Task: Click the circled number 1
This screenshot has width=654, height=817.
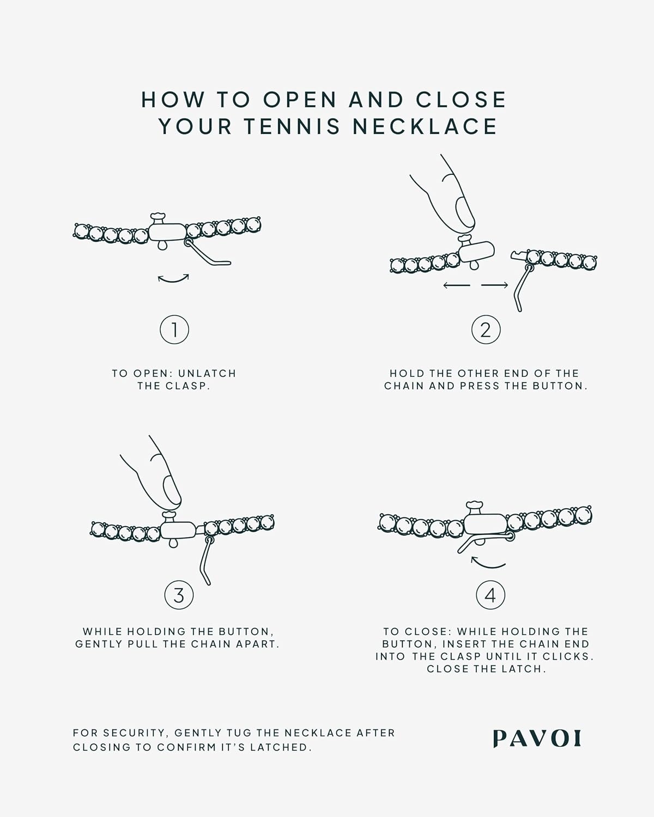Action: click(174, 330)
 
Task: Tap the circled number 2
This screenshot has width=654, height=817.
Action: click(486, 330)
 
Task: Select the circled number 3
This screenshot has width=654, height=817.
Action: click(179, 595)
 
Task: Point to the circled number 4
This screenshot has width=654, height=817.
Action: click(490, 595)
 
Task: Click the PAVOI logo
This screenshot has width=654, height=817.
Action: click(537, 739)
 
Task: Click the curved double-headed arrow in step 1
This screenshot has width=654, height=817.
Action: click(173, 279)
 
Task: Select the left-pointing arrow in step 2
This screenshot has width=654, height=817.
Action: click(457, 285)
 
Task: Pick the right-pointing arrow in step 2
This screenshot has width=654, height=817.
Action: click(495, 285)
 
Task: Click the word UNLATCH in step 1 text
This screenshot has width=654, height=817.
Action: click(207, 374)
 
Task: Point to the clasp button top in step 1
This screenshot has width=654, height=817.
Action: click(158, 216)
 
